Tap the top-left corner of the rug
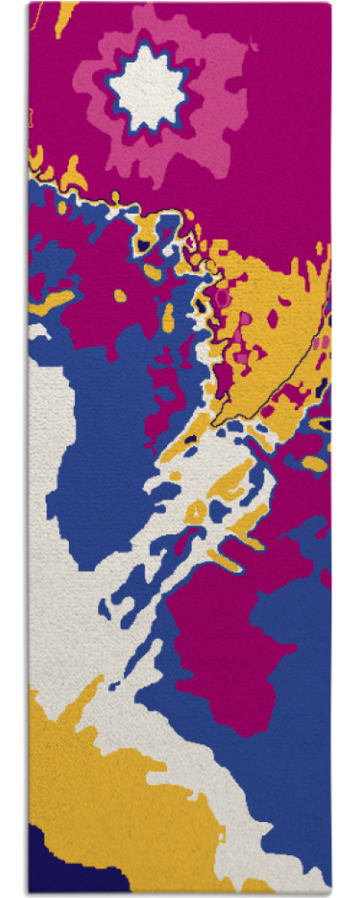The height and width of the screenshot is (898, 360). click(29, 4)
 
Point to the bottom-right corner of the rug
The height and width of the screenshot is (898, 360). click(331, 893)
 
